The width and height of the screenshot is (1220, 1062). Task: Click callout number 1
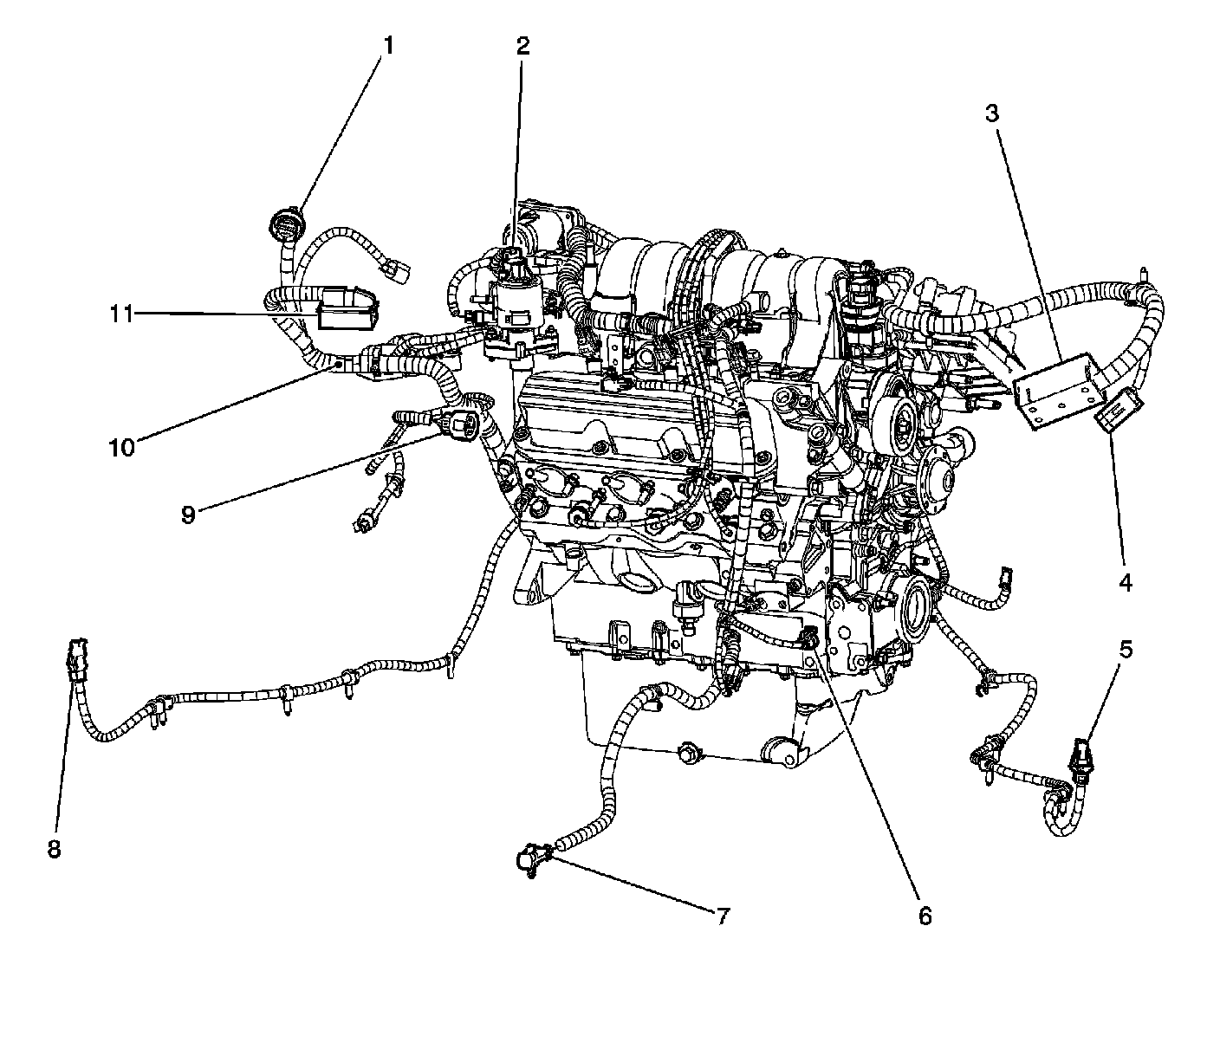pos(388,45)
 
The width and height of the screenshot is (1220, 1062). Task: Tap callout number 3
pos(992,113)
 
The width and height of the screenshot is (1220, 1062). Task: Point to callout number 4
pos(1125,583)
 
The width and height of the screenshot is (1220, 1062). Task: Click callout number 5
pos(1125,649)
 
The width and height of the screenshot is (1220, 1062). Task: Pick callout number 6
pos(925,915)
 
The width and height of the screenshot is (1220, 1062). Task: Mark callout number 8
pos(55,850)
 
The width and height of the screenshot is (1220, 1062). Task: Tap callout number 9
pos(188,514)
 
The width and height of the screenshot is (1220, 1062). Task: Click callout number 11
pos(122,313)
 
